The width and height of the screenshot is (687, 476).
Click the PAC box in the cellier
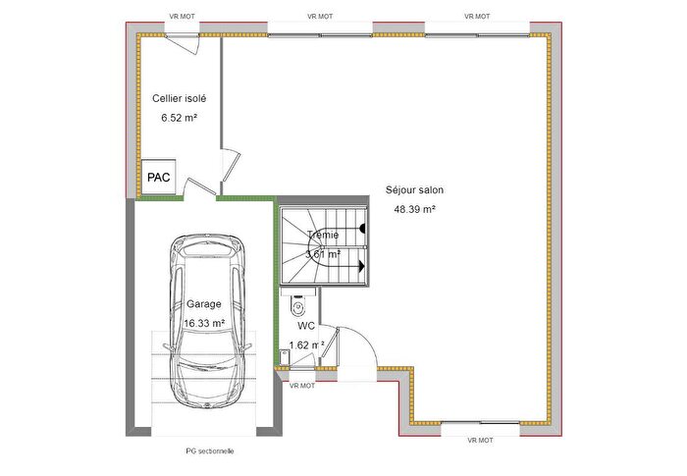point(158,178)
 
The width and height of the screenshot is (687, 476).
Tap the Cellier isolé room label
point(179,98)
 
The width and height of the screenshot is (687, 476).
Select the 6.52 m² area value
point(180,118)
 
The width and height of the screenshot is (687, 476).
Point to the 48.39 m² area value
point(415,209)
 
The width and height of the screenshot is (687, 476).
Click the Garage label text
point(204,304)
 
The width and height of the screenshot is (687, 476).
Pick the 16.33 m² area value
point(204,323)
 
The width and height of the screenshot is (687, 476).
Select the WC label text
point(306,325)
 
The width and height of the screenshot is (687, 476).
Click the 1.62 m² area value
point(306,344)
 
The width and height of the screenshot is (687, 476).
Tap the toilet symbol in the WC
point(298,305)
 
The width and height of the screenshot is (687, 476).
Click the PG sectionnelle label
point(209,451)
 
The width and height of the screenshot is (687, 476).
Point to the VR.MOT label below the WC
point(302,386)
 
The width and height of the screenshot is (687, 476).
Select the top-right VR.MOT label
point(478,17)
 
